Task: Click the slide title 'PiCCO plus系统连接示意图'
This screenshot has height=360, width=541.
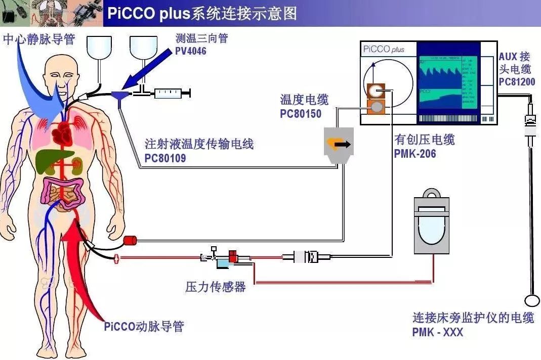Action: pos(202,13)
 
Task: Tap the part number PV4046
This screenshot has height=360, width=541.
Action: pos(191,51)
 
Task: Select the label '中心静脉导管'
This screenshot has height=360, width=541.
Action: pos(39,39)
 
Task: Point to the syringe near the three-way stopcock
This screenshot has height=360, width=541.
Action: pos(172,93)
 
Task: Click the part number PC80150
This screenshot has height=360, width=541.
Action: pos(301,114)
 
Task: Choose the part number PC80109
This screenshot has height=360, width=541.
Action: pos(165,158)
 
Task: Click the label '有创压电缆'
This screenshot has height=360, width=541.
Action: pos(424,140)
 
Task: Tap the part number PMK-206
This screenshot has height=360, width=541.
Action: pos(414,153)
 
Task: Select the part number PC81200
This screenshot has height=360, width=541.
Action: pos(517,81)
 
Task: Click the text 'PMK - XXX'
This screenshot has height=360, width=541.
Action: pos(437,332)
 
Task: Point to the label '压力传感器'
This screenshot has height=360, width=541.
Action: pos(216,287)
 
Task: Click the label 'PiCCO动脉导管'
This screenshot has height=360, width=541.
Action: pos(144,326)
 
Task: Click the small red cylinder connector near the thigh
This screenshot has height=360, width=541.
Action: pos(131,240)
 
